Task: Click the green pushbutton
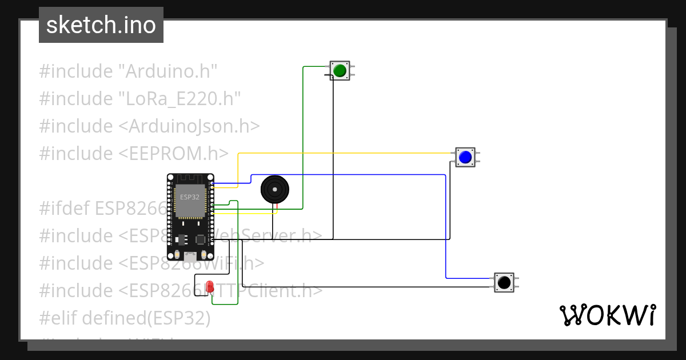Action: (x=340, y=70)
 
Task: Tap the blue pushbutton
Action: (x=465, y=157)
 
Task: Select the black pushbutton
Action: (x=504, y=282)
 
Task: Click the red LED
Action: (x=209, y=286)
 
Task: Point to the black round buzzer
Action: (x=275, y=189)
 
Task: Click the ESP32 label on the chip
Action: (x=190, y=197)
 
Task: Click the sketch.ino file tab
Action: (x=101, y=25)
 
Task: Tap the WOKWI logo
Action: (x=607, y=315)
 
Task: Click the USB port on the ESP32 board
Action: (x=190, y=257)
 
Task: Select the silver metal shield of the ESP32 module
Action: (x=190, y=201)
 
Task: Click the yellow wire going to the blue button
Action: (x=343, y=153)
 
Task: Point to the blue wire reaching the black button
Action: (x=445, y=229)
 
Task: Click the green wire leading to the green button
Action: (x=303, y=137)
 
